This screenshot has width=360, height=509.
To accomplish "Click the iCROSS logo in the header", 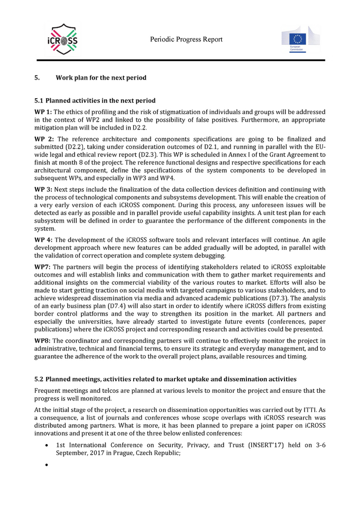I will (x=62, y=40).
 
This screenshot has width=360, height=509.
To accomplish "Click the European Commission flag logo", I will (x=300, y=40).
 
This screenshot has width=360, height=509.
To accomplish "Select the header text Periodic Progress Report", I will (x=187, y=40).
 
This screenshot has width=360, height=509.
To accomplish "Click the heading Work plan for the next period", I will (x=101, y=78).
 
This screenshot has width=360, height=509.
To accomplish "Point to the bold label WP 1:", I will (x=43, y=112).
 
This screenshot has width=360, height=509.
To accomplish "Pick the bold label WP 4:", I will (x=43, y=240).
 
